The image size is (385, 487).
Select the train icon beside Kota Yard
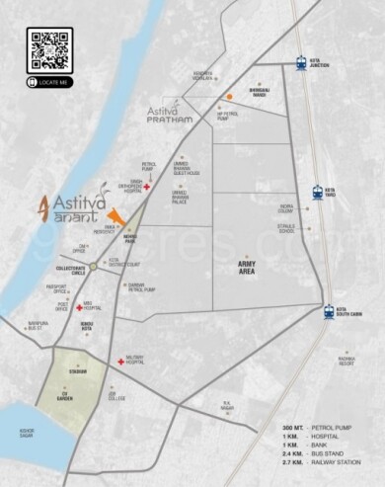(x=318, y=193)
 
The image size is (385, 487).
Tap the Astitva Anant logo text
(x=74, y=208)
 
